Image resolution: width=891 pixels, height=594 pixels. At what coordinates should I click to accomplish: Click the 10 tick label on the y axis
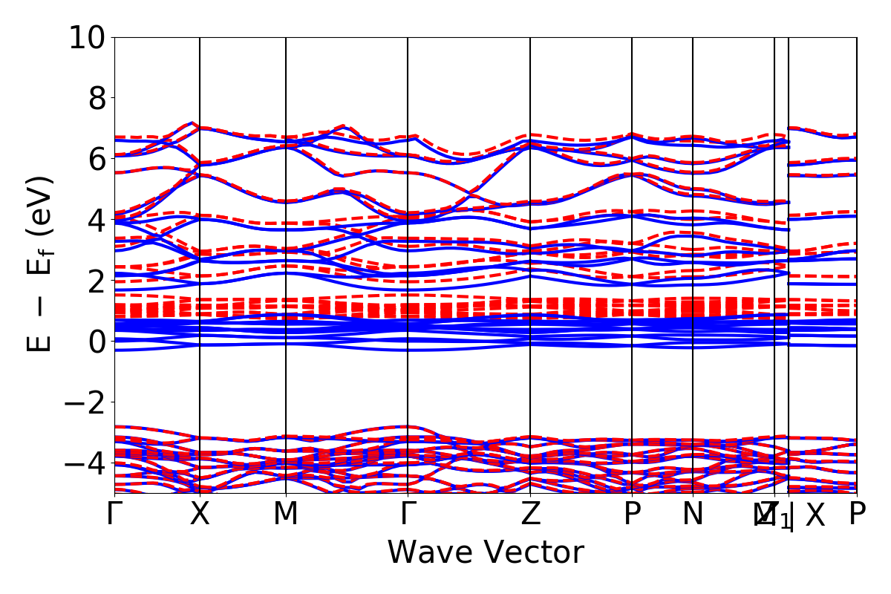tap(88, 37)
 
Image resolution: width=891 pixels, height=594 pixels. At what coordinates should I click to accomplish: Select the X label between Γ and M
tap(200, 514)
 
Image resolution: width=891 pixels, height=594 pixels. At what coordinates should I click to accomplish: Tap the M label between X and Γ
tap(286, 514)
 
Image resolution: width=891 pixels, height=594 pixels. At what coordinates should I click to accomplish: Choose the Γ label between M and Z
tap(408, 514)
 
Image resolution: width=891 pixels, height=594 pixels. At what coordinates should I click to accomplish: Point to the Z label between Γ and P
tap(530, 514)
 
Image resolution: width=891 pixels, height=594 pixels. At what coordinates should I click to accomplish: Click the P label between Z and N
tap(632, 514)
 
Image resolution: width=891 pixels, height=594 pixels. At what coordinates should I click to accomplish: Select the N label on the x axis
tap(693, 514)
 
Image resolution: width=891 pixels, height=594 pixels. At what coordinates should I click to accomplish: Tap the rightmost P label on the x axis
tap(858, 514)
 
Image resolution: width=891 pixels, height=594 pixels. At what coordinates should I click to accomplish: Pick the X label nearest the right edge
tap(815, 514)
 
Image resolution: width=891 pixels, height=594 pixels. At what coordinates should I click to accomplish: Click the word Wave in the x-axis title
tap(430, 553)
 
